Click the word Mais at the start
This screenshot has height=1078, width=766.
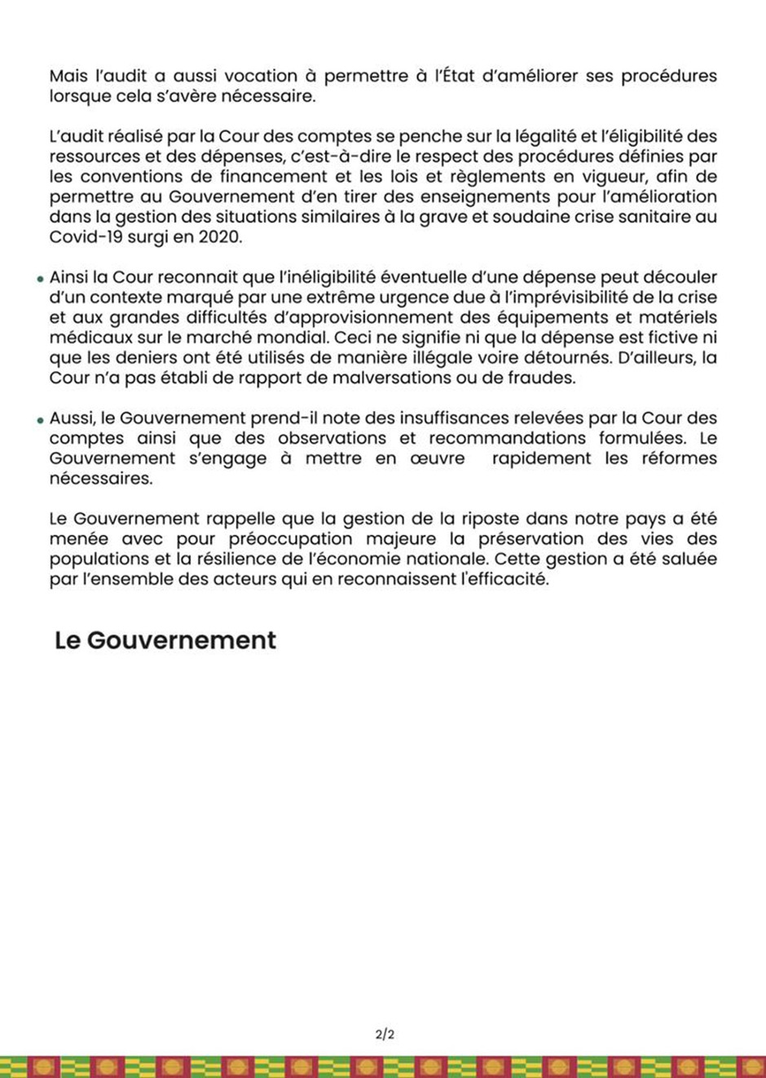[68, 76]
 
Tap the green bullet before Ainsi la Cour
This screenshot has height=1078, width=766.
[40, 279]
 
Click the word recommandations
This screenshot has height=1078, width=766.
[507, 439]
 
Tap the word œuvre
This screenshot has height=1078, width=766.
[438, 459]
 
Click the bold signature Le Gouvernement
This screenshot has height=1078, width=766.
[165, 641]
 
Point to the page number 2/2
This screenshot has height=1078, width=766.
[385, 1035]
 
